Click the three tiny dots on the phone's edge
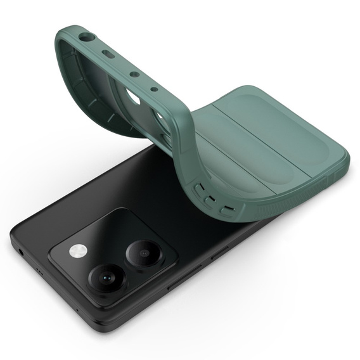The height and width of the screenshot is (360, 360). click(39, 270)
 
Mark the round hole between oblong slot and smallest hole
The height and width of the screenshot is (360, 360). click(134, 74)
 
